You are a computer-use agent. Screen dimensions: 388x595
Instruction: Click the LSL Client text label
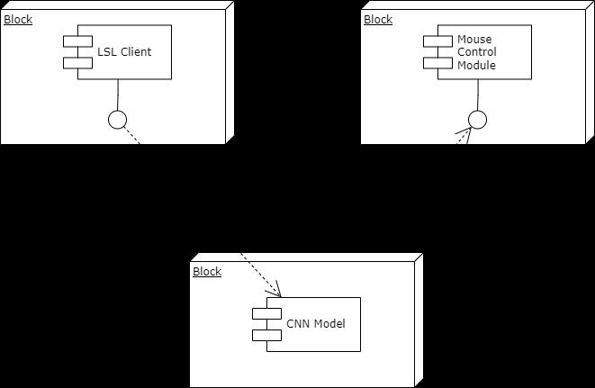pyautogui.click(x=124, y=51)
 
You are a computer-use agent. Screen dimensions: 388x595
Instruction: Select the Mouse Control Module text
pyautogui.click(x=476, y=52)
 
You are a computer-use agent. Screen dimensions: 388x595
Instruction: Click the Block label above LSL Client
pyautogui.click(x=18, y=20)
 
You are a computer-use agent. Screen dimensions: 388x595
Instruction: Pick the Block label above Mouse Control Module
pyautogui.click(x=378, y=20)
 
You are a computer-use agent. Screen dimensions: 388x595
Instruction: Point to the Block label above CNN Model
pyautogui.click(x=207, y=272)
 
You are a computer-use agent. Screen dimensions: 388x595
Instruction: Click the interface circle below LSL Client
pyautogui.click(x=117, y=119)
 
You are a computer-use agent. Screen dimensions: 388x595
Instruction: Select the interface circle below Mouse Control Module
pyautogui.click(x=477, y=119)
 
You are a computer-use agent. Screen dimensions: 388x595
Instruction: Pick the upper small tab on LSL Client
pyautogui.click(x=72, y=41)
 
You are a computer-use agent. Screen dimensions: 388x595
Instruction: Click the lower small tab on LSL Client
pyautogui.click(x=72, y=61)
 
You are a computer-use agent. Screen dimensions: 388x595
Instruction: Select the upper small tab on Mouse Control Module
pyautogui.click(x=432, y=41)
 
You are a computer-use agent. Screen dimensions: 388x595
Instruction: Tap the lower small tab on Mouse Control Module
pyautogui.click(x=432, y=61)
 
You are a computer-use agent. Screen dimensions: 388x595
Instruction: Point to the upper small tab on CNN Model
pyautogui.click(x=261, y=313)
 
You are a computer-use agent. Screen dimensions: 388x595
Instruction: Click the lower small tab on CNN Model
pyautogui.click(x=261, y=334)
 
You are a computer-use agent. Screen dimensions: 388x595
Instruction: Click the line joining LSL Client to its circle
pyautogui.click(x=117, y=94)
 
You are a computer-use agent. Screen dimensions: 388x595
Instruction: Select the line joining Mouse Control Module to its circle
pyautogui.click(x=477, y=94)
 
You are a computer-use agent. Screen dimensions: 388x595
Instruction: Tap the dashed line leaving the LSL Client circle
pyautogui.click(x=133, y=136)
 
